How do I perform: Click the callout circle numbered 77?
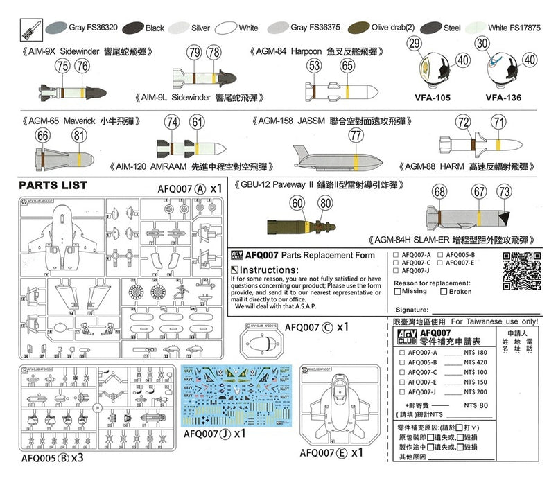(x=356, y=136)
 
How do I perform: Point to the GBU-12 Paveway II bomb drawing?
(x=303, y=225)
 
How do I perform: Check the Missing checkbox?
(x=397, y=292)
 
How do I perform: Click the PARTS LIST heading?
(x=53, y=186)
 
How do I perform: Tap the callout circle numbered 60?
(x=297, y=203)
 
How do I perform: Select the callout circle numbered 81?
(x=80, y=136)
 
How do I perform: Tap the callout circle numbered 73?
(x=504, y=191)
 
